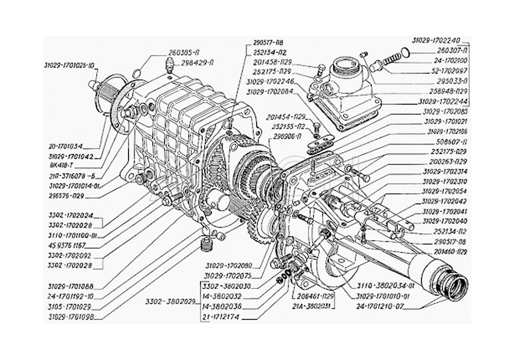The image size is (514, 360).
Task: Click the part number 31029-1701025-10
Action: [69, 65]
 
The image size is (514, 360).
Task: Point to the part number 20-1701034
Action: [68, 146]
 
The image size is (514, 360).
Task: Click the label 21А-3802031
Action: [313, 307]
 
